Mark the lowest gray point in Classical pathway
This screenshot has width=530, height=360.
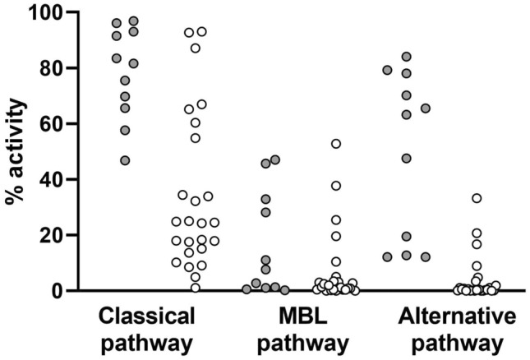[x=125, y=160]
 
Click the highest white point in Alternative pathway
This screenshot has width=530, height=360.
[x=477, y=198]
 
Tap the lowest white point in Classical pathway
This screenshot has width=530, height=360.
[x=196, y=287]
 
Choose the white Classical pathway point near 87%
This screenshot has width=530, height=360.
[x=196, y=48]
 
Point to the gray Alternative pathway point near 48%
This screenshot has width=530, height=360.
[x=406, y=158]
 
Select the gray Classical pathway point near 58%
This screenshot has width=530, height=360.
[x=125, y=130]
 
